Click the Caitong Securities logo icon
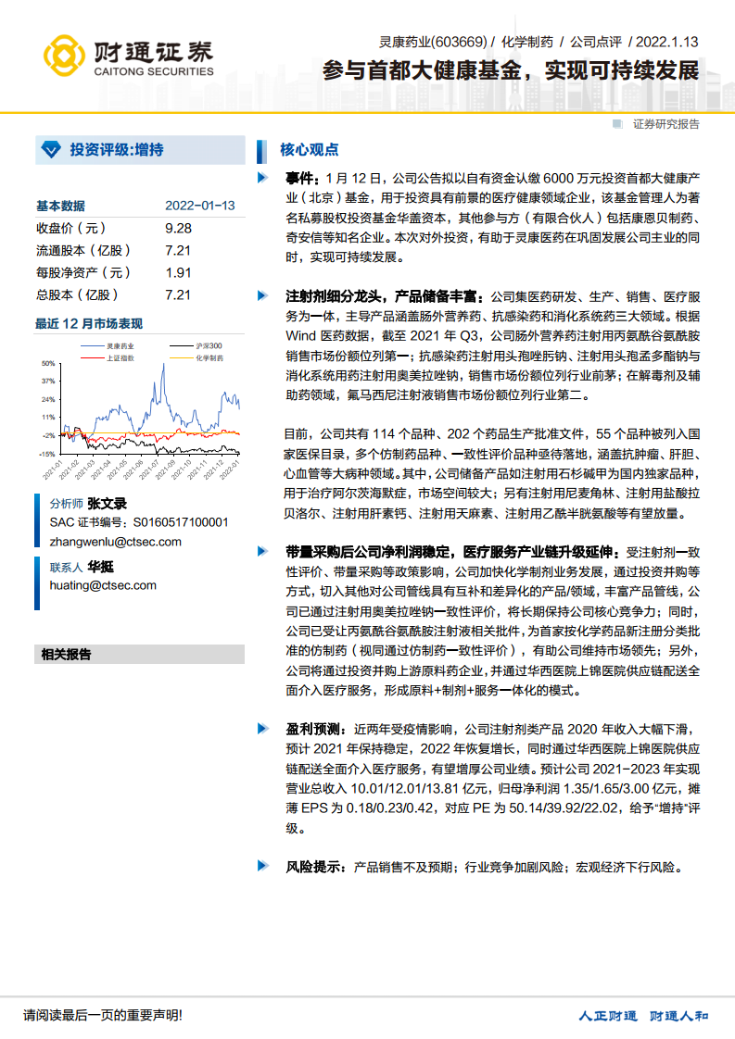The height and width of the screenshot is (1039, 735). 66,56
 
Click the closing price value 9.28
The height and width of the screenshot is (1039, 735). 178,228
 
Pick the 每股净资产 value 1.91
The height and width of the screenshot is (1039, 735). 178,272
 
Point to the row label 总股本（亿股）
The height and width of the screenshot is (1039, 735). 78,294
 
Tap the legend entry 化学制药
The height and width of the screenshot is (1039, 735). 209,357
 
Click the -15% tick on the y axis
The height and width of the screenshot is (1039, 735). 46,454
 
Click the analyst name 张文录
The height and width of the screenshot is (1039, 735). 107,505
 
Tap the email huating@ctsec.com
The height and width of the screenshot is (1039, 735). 103,585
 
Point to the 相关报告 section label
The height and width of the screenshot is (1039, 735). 66,654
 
